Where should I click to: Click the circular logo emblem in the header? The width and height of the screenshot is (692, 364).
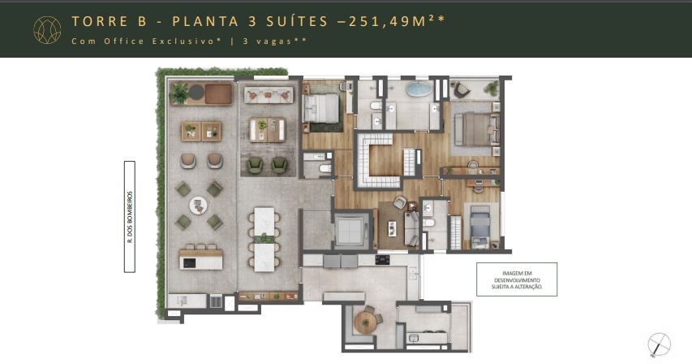(x=47, y=30)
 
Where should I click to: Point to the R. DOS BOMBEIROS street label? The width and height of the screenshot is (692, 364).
(x=130, y=216)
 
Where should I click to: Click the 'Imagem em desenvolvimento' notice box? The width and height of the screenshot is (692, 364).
(x=517, y=279)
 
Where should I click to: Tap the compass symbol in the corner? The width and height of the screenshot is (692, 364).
(x=659, y=344)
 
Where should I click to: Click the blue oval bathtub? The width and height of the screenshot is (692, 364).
(x=419, y=89)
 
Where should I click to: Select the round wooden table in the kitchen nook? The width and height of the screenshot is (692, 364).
(x=365, y=323)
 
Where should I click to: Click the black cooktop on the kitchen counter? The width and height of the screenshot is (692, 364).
(x=382, y=260)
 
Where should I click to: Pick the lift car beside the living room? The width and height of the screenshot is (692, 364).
(x=350, y=230)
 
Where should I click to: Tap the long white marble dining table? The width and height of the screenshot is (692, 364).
(x=264, y=239)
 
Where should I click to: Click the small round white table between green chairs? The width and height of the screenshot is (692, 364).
(x=198, y=206)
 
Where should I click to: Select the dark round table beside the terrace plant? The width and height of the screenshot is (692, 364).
(x=196, y=93)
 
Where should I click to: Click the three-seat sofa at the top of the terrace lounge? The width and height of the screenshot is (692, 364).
(x=269, y=94)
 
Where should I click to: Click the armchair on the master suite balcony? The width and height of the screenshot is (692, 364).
(x=461, y=90)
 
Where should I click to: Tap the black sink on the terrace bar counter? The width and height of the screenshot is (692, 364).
(x=189, y=262)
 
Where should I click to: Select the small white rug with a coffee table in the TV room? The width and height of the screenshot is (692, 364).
(x=391, y=228)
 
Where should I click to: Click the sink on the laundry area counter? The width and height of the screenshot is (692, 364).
(x=414, y=338)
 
